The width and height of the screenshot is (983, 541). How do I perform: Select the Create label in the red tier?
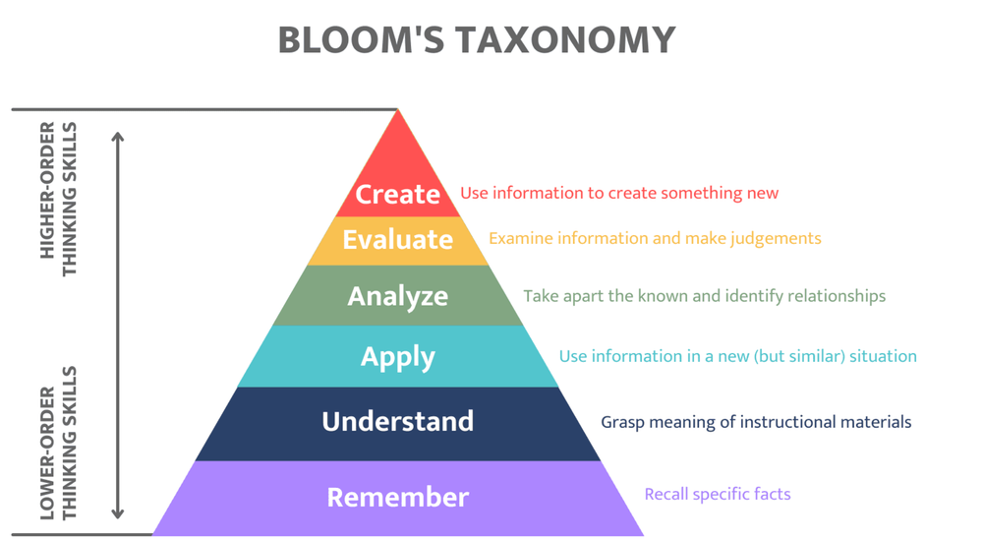point(397,194)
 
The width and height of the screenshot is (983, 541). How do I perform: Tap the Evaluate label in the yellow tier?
point(397,239)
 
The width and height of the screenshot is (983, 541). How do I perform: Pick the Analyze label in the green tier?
point(397,296)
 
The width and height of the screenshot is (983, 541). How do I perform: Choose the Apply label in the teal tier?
point(397,356)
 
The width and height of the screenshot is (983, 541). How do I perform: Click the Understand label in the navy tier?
point(397,421)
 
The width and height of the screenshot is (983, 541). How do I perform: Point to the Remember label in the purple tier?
point(397,497)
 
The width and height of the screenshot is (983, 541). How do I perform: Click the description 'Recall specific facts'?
point(718,494)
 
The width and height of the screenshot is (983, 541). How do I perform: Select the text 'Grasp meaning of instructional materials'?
point(756,422)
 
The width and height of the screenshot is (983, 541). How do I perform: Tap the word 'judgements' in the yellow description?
point(776,239)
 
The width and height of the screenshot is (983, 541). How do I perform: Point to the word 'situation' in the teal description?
point(882,356)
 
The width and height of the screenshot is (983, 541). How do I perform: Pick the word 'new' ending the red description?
point(762,194)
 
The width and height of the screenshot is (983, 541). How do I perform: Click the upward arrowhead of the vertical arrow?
point(118,137)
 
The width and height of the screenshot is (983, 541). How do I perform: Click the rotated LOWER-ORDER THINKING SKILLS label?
point(58,443)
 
